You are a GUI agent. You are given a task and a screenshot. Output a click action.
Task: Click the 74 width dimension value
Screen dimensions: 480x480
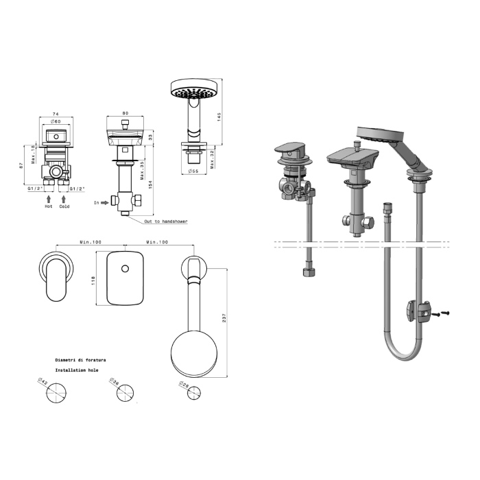pyautogui.click(x=56, y=114)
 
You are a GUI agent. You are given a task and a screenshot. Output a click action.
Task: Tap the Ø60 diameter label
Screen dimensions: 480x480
pyautogui.click(x=56, y=121)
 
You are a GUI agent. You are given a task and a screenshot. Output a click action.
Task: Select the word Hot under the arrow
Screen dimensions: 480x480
pyautogui.click(x=49, y=206)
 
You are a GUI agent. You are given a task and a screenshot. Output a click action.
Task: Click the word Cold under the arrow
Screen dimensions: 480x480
pyautogui.click(x=64, y=206)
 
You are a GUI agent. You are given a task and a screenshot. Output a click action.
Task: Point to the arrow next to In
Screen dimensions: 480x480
pyautogui.click(x=105, y=203)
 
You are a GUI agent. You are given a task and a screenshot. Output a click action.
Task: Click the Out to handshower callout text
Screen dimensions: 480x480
pyautogui.click(x=166, y=221)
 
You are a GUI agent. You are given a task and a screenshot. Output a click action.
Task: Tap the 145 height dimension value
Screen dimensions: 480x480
pyautogui.click(x=219, y=117)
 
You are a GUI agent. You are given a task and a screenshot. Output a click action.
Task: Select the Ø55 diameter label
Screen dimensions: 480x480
pyautogui.click(x=193, y=171)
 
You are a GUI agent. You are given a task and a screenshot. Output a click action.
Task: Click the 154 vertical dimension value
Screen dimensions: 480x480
pyautogui.click(x=150, y=184)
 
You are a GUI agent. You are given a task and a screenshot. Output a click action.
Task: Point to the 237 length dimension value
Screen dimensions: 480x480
pyautogui.click(x=224, y=318)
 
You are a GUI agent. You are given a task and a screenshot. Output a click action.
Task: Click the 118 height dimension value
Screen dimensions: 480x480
pyautogui.click(x=93, y=280)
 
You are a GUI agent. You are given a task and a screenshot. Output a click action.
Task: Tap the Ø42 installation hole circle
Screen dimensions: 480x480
pyautogui.click(x=56, y=393)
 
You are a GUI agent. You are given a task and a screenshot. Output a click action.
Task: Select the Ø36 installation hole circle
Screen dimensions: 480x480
pyautogui.click(x=125, y=394)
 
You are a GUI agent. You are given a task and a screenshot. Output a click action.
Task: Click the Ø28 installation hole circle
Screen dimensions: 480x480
pyautogui.click(x=194, y=393)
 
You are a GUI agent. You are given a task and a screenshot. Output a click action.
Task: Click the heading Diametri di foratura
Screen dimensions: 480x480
pyautogui.click(x=80, y=360)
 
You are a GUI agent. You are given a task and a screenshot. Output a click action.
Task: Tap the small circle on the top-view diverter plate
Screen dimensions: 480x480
pyautogui.click(x=125, y=269)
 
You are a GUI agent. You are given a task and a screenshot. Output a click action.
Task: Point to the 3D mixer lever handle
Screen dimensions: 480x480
pyautogui.click(x=288, y=148)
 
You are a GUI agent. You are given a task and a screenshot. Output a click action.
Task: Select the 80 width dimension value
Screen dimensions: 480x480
pyautogui.click(x=125, y=113)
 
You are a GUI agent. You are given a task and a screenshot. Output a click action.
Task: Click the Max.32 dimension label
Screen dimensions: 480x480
pyautogui.click(x=212, y=159)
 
